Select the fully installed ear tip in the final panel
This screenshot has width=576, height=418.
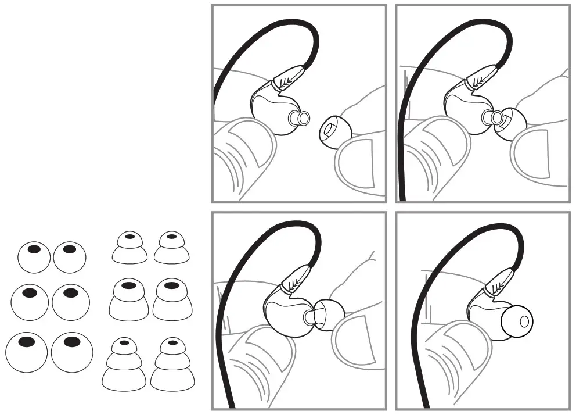pyautogui.click(x=516, y=321)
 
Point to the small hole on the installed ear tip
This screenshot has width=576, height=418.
pyautogui.click(x=524, y=320)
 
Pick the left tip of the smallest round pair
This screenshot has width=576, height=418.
pyautogui.click(x=34, y=256)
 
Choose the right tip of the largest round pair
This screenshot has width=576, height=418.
pyautogui.click(x=72, y=351)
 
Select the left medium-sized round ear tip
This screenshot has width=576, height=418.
pyautogui.click(x=31, y=301)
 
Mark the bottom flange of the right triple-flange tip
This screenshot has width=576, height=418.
pyautogui.click(x=172, y=378)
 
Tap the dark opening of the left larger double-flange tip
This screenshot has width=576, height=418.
pyautogui.click(x=129, y=285)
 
